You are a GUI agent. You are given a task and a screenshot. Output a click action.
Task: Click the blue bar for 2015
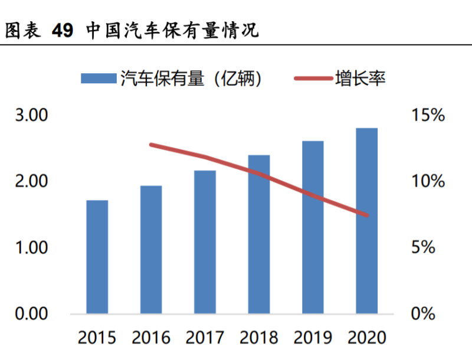(97, 257)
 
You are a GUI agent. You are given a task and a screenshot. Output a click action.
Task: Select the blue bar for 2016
(151, 250)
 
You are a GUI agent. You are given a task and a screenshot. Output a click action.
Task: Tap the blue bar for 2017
(205, 242)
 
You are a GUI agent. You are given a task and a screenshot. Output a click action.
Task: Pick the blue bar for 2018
(259, 234)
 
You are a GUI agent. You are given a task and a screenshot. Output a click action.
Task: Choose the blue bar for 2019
(313, 227)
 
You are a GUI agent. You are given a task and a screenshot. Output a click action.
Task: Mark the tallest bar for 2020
(366, 221)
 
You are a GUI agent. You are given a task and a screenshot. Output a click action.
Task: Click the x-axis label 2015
(97, 338)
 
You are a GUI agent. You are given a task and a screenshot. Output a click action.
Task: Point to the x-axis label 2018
(259, 338)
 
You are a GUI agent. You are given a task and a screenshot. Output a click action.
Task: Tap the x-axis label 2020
(366, 338)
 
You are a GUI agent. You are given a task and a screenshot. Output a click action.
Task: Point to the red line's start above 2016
(151, 145)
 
